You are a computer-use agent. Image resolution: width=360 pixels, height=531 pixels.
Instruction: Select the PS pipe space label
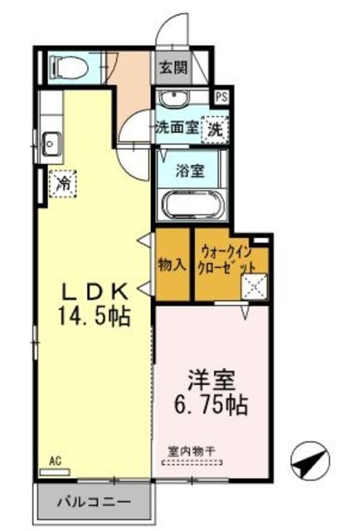[221, 96]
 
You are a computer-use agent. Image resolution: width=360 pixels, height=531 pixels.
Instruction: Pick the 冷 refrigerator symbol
[62, 183]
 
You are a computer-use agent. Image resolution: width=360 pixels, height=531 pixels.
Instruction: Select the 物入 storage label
[171, 265]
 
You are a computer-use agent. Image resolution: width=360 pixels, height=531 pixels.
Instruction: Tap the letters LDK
[96, 291]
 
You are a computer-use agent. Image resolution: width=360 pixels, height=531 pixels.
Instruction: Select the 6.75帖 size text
[212, 406]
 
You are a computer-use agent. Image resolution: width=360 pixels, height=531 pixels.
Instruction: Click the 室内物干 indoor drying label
[192, 451]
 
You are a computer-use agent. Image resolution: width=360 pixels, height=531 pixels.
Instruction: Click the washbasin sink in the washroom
[175, 100]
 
